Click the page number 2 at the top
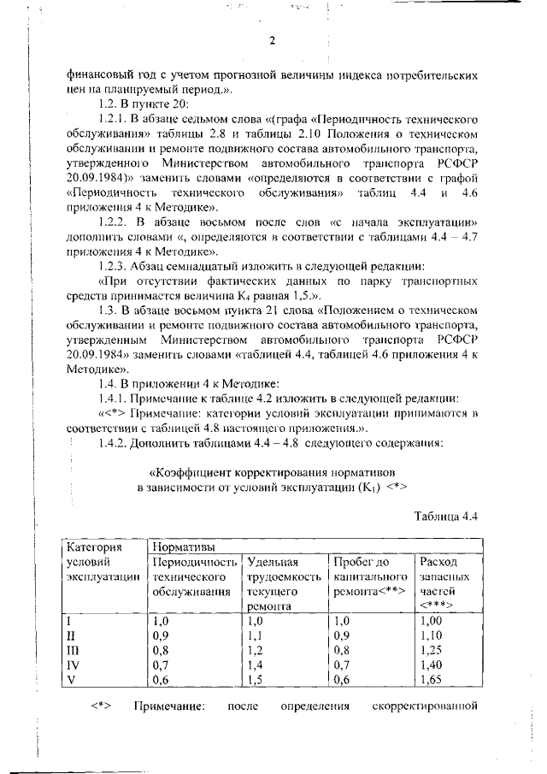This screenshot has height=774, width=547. tap(272, 41)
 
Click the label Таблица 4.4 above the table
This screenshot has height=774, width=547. tap(444, 516)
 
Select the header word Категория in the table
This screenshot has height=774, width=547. tap(95, 546)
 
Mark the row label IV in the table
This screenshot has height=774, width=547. tap(74, 665)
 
